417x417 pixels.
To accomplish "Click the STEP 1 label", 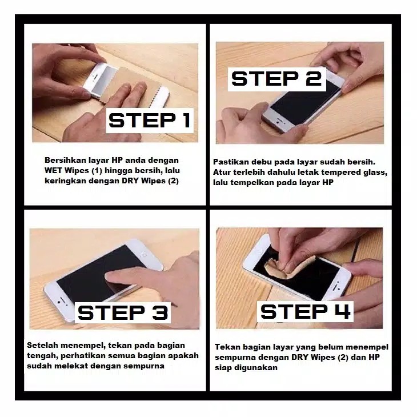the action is coord(150,120).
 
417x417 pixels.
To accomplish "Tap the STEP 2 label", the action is coord(276,79).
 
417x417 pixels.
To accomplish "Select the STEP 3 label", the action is coord(123,312).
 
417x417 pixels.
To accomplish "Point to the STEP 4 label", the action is coord(305,311).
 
